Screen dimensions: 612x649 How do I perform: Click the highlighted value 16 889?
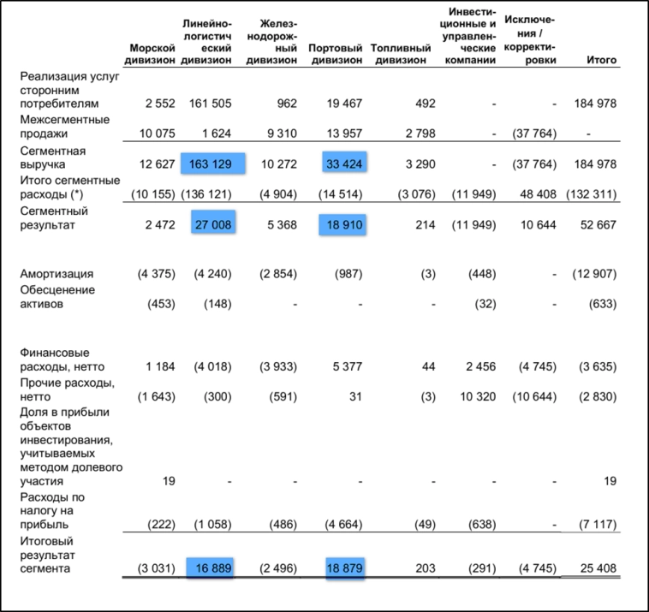[211, 567]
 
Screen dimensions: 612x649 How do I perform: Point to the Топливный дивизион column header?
[401, 54]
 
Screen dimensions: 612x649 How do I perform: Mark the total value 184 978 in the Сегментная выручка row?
[592, 164]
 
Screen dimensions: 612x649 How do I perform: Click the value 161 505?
[209, 104]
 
